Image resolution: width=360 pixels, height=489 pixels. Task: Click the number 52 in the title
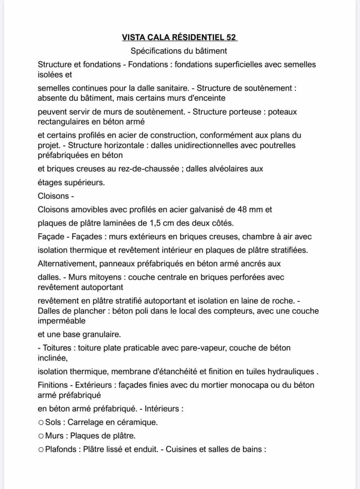pyautogui.click(x=230, y=37)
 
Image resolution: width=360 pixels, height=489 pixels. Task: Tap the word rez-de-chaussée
pyautogui.click(x=151, y=169)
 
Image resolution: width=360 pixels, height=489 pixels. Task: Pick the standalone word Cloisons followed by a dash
pyautogui.click(x=53, y=196)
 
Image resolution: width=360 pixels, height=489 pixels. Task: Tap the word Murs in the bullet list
pyautogui.click(x=55, y=436)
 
